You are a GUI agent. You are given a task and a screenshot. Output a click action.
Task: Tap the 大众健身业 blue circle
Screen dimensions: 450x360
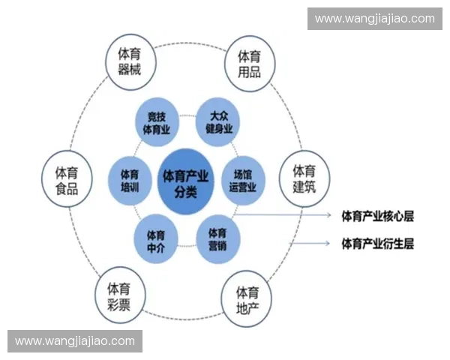coord(219,121)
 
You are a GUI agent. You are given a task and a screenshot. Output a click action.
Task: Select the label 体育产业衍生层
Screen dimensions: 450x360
coord(377,243)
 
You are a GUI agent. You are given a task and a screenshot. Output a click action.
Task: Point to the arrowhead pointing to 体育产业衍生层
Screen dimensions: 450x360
coord(329,243)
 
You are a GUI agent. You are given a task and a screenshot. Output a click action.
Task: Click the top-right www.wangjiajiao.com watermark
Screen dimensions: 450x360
coord(374,18)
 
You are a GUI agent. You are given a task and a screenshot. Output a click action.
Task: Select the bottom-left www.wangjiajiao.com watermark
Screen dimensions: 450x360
coord(75,341)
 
